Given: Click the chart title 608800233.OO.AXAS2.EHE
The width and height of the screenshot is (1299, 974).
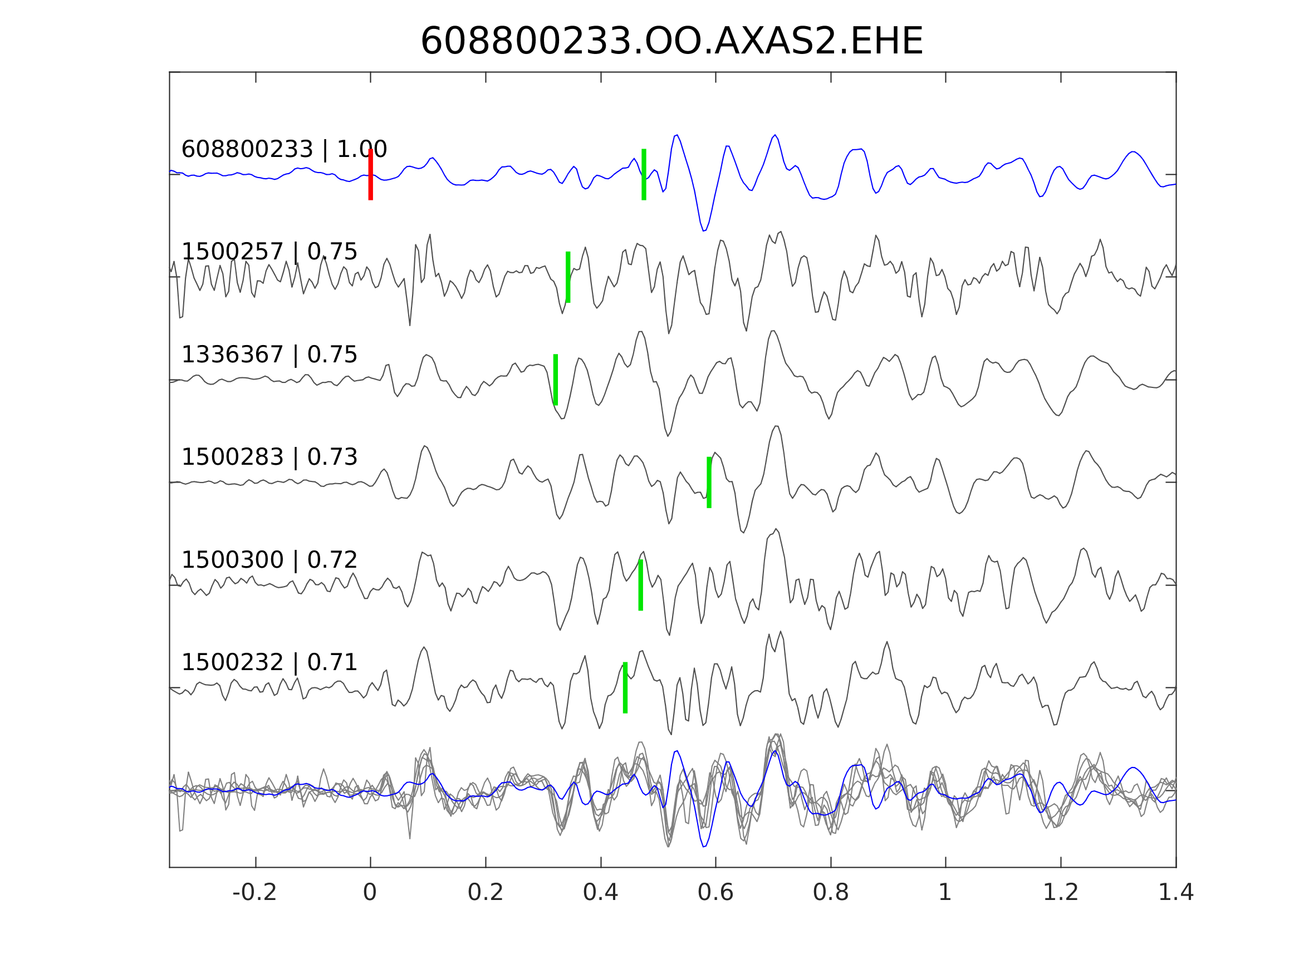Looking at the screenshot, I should point(672,42).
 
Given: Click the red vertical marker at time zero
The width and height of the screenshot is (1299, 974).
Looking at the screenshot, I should point(371,174).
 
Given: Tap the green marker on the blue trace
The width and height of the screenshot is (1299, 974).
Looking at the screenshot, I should point(644,174).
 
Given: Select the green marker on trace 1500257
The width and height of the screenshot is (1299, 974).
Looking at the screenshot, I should point(568,277).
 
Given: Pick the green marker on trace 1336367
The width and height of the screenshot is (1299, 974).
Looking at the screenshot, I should point(556,380).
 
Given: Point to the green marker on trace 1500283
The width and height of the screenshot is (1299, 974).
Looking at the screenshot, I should point(709,483).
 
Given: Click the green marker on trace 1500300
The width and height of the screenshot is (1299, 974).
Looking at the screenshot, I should point(641,586).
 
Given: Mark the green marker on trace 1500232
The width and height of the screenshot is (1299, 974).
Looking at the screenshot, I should point(625,688).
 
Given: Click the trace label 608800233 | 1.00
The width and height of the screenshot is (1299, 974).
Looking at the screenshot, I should point(284,150).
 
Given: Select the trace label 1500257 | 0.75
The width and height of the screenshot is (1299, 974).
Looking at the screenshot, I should point(269,252).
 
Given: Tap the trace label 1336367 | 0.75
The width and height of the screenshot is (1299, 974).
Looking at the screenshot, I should point(269,355).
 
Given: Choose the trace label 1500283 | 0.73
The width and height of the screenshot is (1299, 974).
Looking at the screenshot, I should point(269,458).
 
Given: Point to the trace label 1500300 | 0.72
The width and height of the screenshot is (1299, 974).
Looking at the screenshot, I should point(269,560).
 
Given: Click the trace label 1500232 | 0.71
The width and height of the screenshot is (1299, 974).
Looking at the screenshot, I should point(269,663).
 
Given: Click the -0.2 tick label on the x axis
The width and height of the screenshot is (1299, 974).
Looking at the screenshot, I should point(255,893).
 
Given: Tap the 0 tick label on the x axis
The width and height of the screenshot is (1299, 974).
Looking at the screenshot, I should point(370,893).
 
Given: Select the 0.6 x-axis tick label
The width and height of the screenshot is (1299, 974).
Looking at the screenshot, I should point(715,893).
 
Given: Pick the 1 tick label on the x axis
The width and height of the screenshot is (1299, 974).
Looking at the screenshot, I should point(945,893).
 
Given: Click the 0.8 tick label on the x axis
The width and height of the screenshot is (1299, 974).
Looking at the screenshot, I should point(830,893).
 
